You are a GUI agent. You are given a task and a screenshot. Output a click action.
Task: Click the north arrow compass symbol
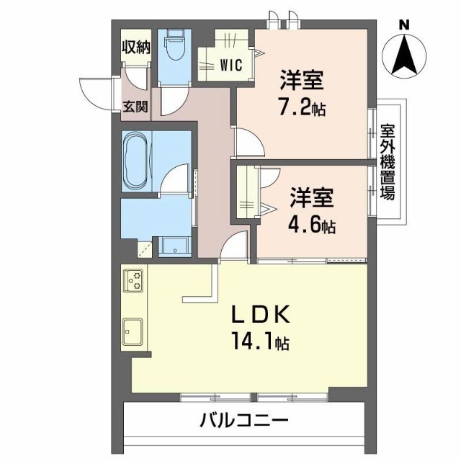pyautogui.click(x=406, y=55)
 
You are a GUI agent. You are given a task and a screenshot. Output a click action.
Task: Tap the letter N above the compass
pyautogui.click(x=405, y=24)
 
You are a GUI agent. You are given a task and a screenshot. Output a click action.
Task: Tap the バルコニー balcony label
pyautogui.click(x=243, y=420)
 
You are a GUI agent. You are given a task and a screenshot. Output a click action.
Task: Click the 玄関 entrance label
pyautogui.click(x=135, y=107)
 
